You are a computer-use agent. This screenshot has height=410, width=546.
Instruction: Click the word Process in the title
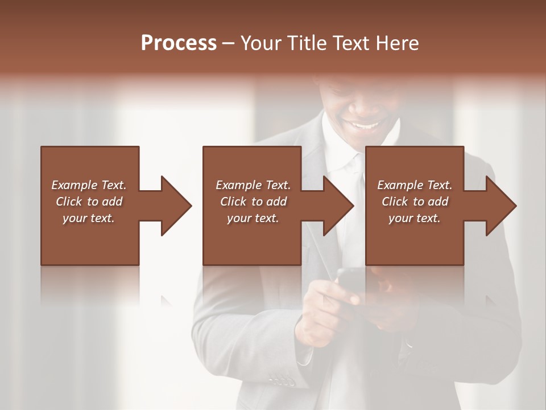[x=179, y=43]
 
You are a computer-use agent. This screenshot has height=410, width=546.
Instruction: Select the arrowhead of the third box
[x=500, y=206]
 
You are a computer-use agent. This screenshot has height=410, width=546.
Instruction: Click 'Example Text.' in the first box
[x=89, y=185]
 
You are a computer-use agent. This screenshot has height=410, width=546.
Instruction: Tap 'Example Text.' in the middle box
[x=253, y=185]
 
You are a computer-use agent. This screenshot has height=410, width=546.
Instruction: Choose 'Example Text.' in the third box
[x=415, y=185]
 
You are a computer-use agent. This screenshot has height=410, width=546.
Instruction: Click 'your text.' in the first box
[x=89, y=218]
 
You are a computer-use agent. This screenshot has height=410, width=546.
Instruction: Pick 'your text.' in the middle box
[x=253, y=218]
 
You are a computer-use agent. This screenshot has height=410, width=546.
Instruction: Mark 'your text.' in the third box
[x=415, y=218]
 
